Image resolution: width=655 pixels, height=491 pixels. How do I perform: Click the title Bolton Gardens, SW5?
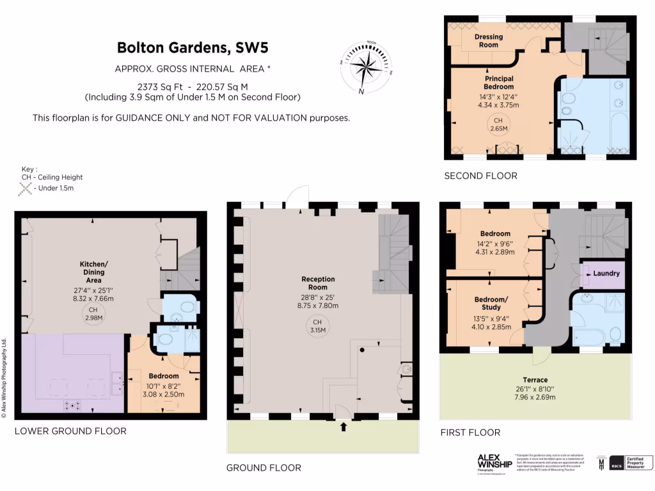pos(193,47)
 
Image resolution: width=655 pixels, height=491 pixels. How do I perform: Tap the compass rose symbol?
pos(365,67)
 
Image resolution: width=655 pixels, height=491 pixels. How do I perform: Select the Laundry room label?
pos(606,274)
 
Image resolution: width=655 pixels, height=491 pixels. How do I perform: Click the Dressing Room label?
pos(489,41)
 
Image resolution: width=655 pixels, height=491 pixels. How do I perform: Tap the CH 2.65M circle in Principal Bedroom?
pos(498,124)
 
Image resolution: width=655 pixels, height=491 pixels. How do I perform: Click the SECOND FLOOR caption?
pos(480,176)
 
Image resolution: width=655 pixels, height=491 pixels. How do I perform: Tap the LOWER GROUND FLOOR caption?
pos(70,431)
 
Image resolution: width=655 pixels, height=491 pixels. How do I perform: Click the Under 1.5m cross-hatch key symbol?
pos(26,188)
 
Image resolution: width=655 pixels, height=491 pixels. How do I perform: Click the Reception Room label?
pos(319,283)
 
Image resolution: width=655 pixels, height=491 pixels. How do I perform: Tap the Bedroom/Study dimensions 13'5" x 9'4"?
pos(491,318)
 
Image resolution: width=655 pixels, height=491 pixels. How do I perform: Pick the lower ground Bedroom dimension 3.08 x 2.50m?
pos(163,394)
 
